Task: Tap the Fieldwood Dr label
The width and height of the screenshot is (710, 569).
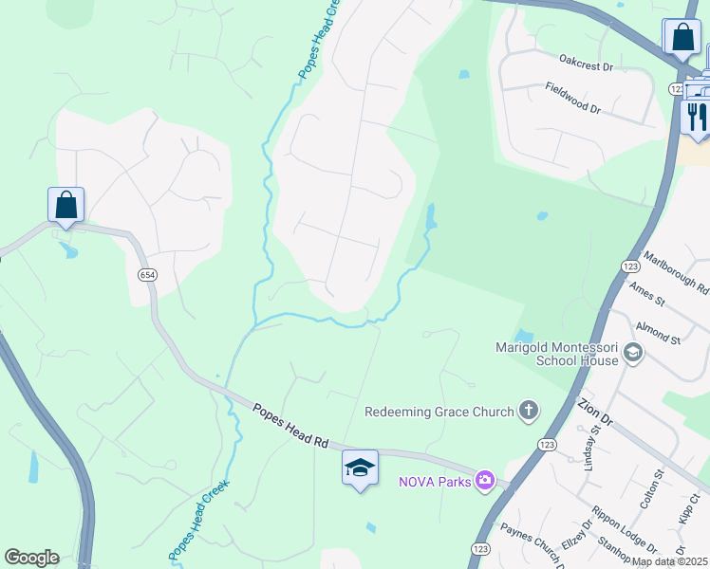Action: coord(573,97)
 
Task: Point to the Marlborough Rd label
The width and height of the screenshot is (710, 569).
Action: coord(676,271)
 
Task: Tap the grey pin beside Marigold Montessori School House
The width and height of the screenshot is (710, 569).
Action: coord(633,355)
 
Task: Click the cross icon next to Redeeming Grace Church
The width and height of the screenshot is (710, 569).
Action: coord(529,411)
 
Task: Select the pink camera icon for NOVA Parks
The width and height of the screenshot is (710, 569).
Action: coord(486,481)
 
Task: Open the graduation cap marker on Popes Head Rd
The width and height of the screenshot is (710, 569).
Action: coord(360,468)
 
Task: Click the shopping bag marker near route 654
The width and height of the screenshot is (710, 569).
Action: coord(66,205)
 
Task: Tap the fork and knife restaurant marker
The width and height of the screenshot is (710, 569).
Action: coord(698,118)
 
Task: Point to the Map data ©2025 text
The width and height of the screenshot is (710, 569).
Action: coord(669,561)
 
